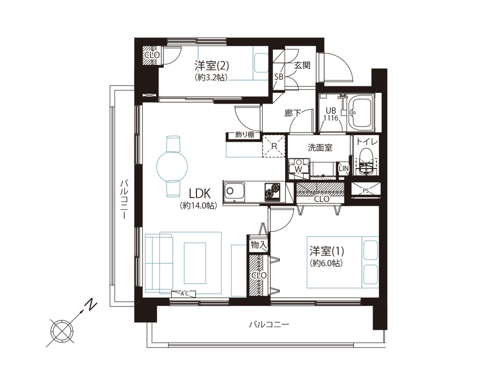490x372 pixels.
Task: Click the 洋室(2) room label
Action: point(212,66)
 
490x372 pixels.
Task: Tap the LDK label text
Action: point(200,194)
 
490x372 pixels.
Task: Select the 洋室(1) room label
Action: point(327,251)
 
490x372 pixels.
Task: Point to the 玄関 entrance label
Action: point(302,65)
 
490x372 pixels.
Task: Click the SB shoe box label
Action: point(279,76)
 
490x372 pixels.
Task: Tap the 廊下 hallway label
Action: point(293,113)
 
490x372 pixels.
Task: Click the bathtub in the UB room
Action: point(361,113)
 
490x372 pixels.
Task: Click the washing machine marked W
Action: point(299,169)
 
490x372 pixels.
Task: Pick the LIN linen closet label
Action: point(343,168)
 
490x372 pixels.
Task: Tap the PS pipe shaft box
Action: point(366,190)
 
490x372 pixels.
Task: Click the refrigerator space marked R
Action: point(274,146)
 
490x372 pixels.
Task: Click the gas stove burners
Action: point(273,192)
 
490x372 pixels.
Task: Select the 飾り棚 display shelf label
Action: point(245,135)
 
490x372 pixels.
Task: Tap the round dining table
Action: point(172,166)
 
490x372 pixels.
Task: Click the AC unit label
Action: point(184,293)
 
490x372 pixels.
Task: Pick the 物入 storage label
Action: point(258,245)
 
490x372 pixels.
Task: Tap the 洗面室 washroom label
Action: point(319,148)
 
